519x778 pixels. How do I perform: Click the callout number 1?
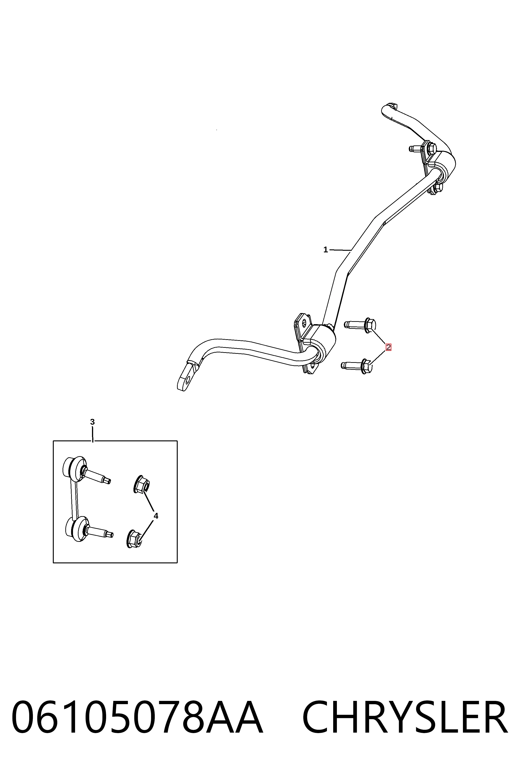[x=325, y=250]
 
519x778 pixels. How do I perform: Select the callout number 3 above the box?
[x=92, y=422]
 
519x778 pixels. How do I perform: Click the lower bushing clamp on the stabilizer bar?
[x=314, y=344]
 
